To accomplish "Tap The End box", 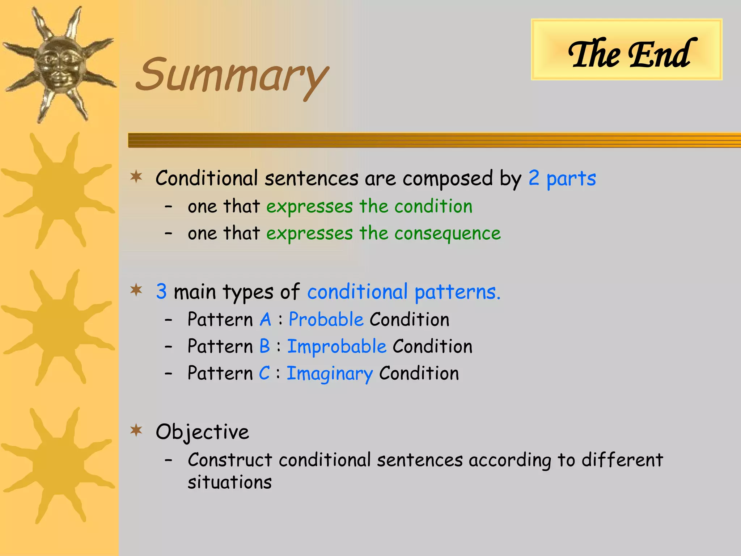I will (x=626, y=50).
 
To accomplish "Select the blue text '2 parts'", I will (x=562, y=178).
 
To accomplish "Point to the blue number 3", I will (x=161, y=291).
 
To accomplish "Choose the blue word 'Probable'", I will (x=326, y=320).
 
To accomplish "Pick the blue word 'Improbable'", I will (x=337, y=346).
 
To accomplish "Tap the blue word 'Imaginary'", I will (x=330, y=374).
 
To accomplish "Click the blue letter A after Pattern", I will (x=265, y=320).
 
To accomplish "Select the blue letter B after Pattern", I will (x=265, y=346).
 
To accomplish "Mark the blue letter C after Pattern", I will (x=264, y=373).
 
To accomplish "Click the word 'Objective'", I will (x=202, y=432).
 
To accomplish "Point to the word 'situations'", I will (x=230, y=482).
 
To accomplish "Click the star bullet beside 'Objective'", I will (x=136, y=430).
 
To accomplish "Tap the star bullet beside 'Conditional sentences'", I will (x=136, y=177).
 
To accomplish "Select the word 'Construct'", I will (x=230, y=460).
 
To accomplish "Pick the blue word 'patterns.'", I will (x=457, y=292).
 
